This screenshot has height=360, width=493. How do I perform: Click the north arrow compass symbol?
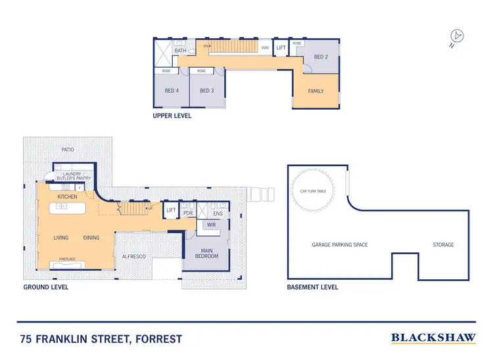pyautogui.click(x=456, y=36)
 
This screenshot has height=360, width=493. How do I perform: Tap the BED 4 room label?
pyautogui.click(x=172, y=91)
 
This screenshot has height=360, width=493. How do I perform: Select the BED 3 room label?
pyautogui.click(x=207, y=91)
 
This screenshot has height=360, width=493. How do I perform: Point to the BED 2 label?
pyautogui.click(x=320, y=57)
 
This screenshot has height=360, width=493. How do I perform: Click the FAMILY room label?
pyautogui.click(x=316, y=91)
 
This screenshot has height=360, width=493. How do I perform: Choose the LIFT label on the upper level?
pyautogui.click(x=281, y=48)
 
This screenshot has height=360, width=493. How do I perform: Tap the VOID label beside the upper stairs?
pyautogui.click(x=265, y=48)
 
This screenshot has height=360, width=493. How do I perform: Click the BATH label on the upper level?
pyautogui.click(x=180, y=51)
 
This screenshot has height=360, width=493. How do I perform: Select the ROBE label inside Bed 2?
pyautogui.click(x=297, y=43)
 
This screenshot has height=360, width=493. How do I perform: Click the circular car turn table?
pyautogui.click(x=314, y=191)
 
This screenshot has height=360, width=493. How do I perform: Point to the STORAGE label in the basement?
pyautogui.click(x=443, y=244)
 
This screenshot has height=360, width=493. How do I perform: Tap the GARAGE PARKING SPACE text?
pyautogui.click(x=340, y=244)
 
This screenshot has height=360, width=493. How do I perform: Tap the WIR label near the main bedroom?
pyautogui.click(x=211, y=225)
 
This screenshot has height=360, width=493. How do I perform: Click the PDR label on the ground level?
pyautogui.click(x=188, y=213)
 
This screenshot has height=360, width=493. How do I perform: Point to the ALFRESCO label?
pyautogui.click(x=134, y=256)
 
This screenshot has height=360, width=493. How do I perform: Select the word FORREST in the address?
pyautogui.click(x=154, y=340)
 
